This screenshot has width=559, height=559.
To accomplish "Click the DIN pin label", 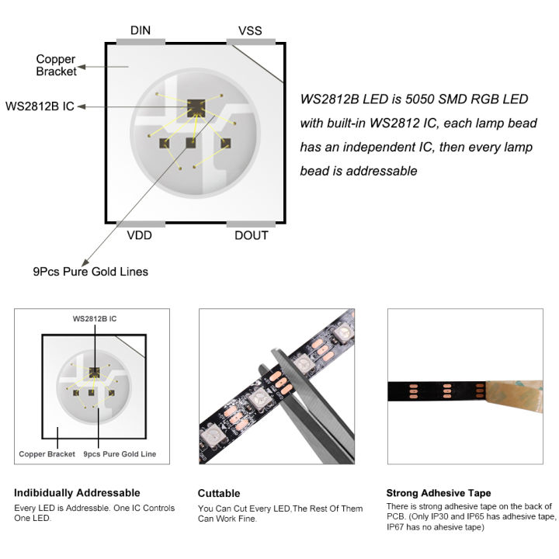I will pyautogui.click(x=141, y=30).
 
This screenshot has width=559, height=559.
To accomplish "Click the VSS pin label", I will pyautogui.click(x=250, y=30).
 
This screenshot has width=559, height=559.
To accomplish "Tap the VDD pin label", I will pyautogui.click(x=140, y=235).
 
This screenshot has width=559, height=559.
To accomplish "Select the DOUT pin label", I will pyautogui.click(x=251, y=235).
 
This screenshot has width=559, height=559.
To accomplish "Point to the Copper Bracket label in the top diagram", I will pyautogui.click(x=56, y=65).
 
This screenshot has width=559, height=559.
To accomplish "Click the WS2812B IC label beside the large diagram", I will pyautogui.click(x=40, y=106).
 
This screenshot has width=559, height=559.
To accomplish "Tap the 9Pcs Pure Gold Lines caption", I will pyautogui.click(x=90, y=272).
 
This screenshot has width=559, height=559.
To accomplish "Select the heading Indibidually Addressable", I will pyautogui.click(x=78, y=492).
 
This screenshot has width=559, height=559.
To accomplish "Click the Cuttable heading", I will pyautogui.click(x=219, y=493).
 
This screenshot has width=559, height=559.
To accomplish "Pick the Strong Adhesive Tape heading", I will pyautogui.click(x=439, y=493).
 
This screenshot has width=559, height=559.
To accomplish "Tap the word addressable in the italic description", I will pyautogui.click(x=380, y=171).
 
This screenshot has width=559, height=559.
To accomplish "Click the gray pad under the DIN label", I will pyautogui.click(x=141, y=40).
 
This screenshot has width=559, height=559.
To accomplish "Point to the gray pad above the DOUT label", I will pyautogui.click(x=251, y=224).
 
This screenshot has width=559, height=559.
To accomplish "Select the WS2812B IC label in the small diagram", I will pyautogui.click(x=95, y=318).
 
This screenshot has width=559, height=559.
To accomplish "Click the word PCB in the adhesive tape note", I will pyautogui.click(x=397, y=516).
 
